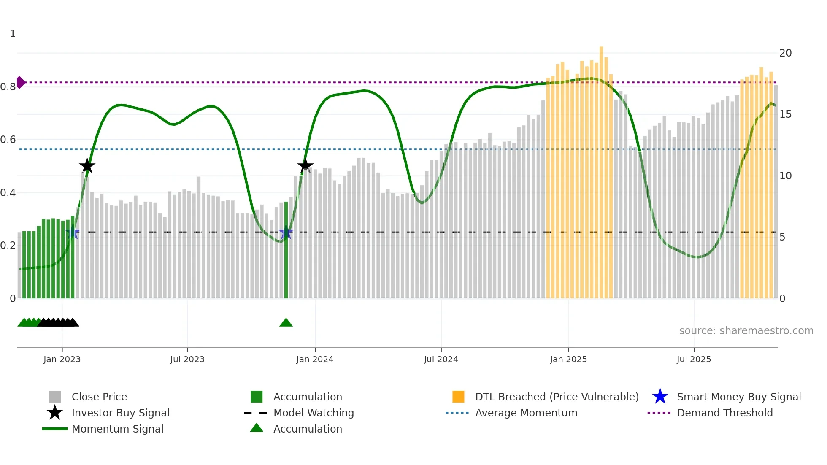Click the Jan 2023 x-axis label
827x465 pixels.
coord(62,359)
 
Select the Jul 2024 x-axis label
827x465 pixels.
coord(441,359)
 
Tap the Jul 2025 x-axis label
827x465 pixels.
coord(694,359)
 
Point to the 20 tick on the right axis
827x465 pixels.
coord(785,53)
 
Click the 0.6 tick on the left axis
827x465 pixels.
coord(8,140)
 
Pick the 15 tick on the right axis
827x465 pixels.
coord(785,114)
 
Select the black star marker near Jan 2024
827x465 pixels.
coord(305,166)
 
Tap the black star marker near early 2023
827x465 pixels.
coord(87,166)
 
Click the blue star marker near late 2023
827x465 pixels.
coord(286,232)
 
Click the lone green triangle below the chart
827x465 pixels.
coord(286,323)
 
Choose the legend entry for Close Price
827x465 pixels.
coord(99,397)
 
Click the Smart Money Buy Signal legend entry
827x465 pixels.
coord(738,397)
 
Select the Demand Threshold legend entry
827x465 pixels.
coord(724,413)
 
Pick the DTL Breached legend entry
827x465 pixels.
coord(557,397)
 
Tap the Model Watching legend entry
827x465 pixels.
coord(314,413)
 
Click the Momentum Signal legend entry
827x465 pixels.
coord(117,429)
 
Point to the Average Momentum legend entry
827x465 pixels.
coord(526,413)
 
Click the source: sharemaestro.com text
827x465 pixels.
coord(746,331)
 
